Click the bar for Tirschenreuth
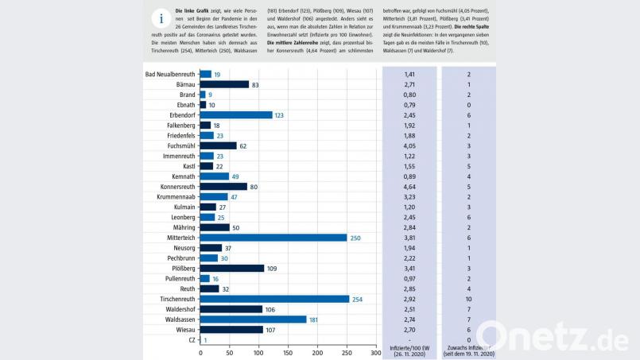point(274,299)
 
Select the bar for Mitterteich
point(273,237)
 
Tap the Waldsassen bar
point(253,319)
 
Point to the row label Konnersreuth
point(173,187)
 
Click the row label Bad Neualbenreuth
point(169,74)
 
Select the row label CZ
point(190,340)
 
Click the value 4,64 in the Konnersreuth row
point(409,187)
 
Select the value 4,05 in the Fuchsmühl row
point(409,146)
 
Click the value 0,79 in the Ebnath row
point(409,105)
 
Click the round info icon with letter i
point(161,19)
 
